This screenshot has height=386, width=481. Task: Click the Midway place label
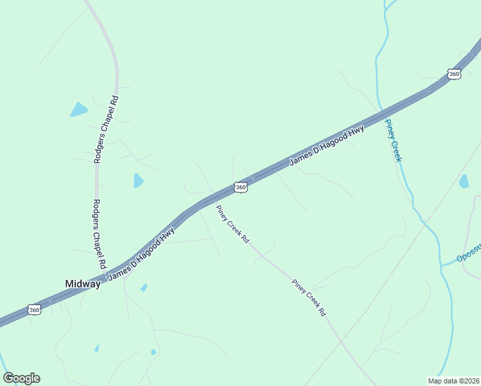[83, 284]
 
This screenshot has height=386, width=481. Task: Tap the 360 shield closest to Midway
[35, 310]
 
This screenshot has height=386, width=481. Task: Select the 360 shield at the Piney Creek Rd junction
[240, 187]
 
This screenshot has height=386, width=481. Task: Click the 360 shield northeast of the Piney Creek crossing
[454, 74]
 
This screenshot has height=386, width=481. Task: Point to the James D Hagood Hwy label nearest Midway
[141, 255]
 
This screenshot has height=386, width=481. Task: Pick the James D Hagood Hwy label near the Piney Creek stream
[327, 145]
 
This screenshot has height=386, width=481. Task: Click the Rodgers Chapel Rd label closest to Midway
[98, 234]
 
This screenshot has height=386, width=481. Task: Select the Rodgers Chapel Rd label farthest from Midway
[107, 129]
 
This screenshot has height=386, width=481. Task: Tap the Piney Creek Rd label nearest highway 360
[232, 224]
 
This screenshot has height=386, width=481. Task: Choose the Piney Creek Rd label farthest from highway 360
[309, 297]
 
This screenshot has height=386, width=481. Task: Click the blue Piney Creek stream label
[394, 140]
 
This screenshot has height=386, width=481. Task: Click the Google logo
[21, 378]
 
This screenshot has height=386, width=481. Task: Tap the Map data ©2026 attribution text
[453, 381]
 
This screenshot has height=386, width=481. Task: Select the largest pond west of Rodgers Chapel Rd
[78, 110]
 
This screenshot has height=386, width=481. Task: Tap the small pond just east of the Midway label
[144, 288]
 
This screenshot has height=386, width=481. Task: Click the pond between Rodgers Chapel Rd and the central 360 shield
[138, 181]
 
